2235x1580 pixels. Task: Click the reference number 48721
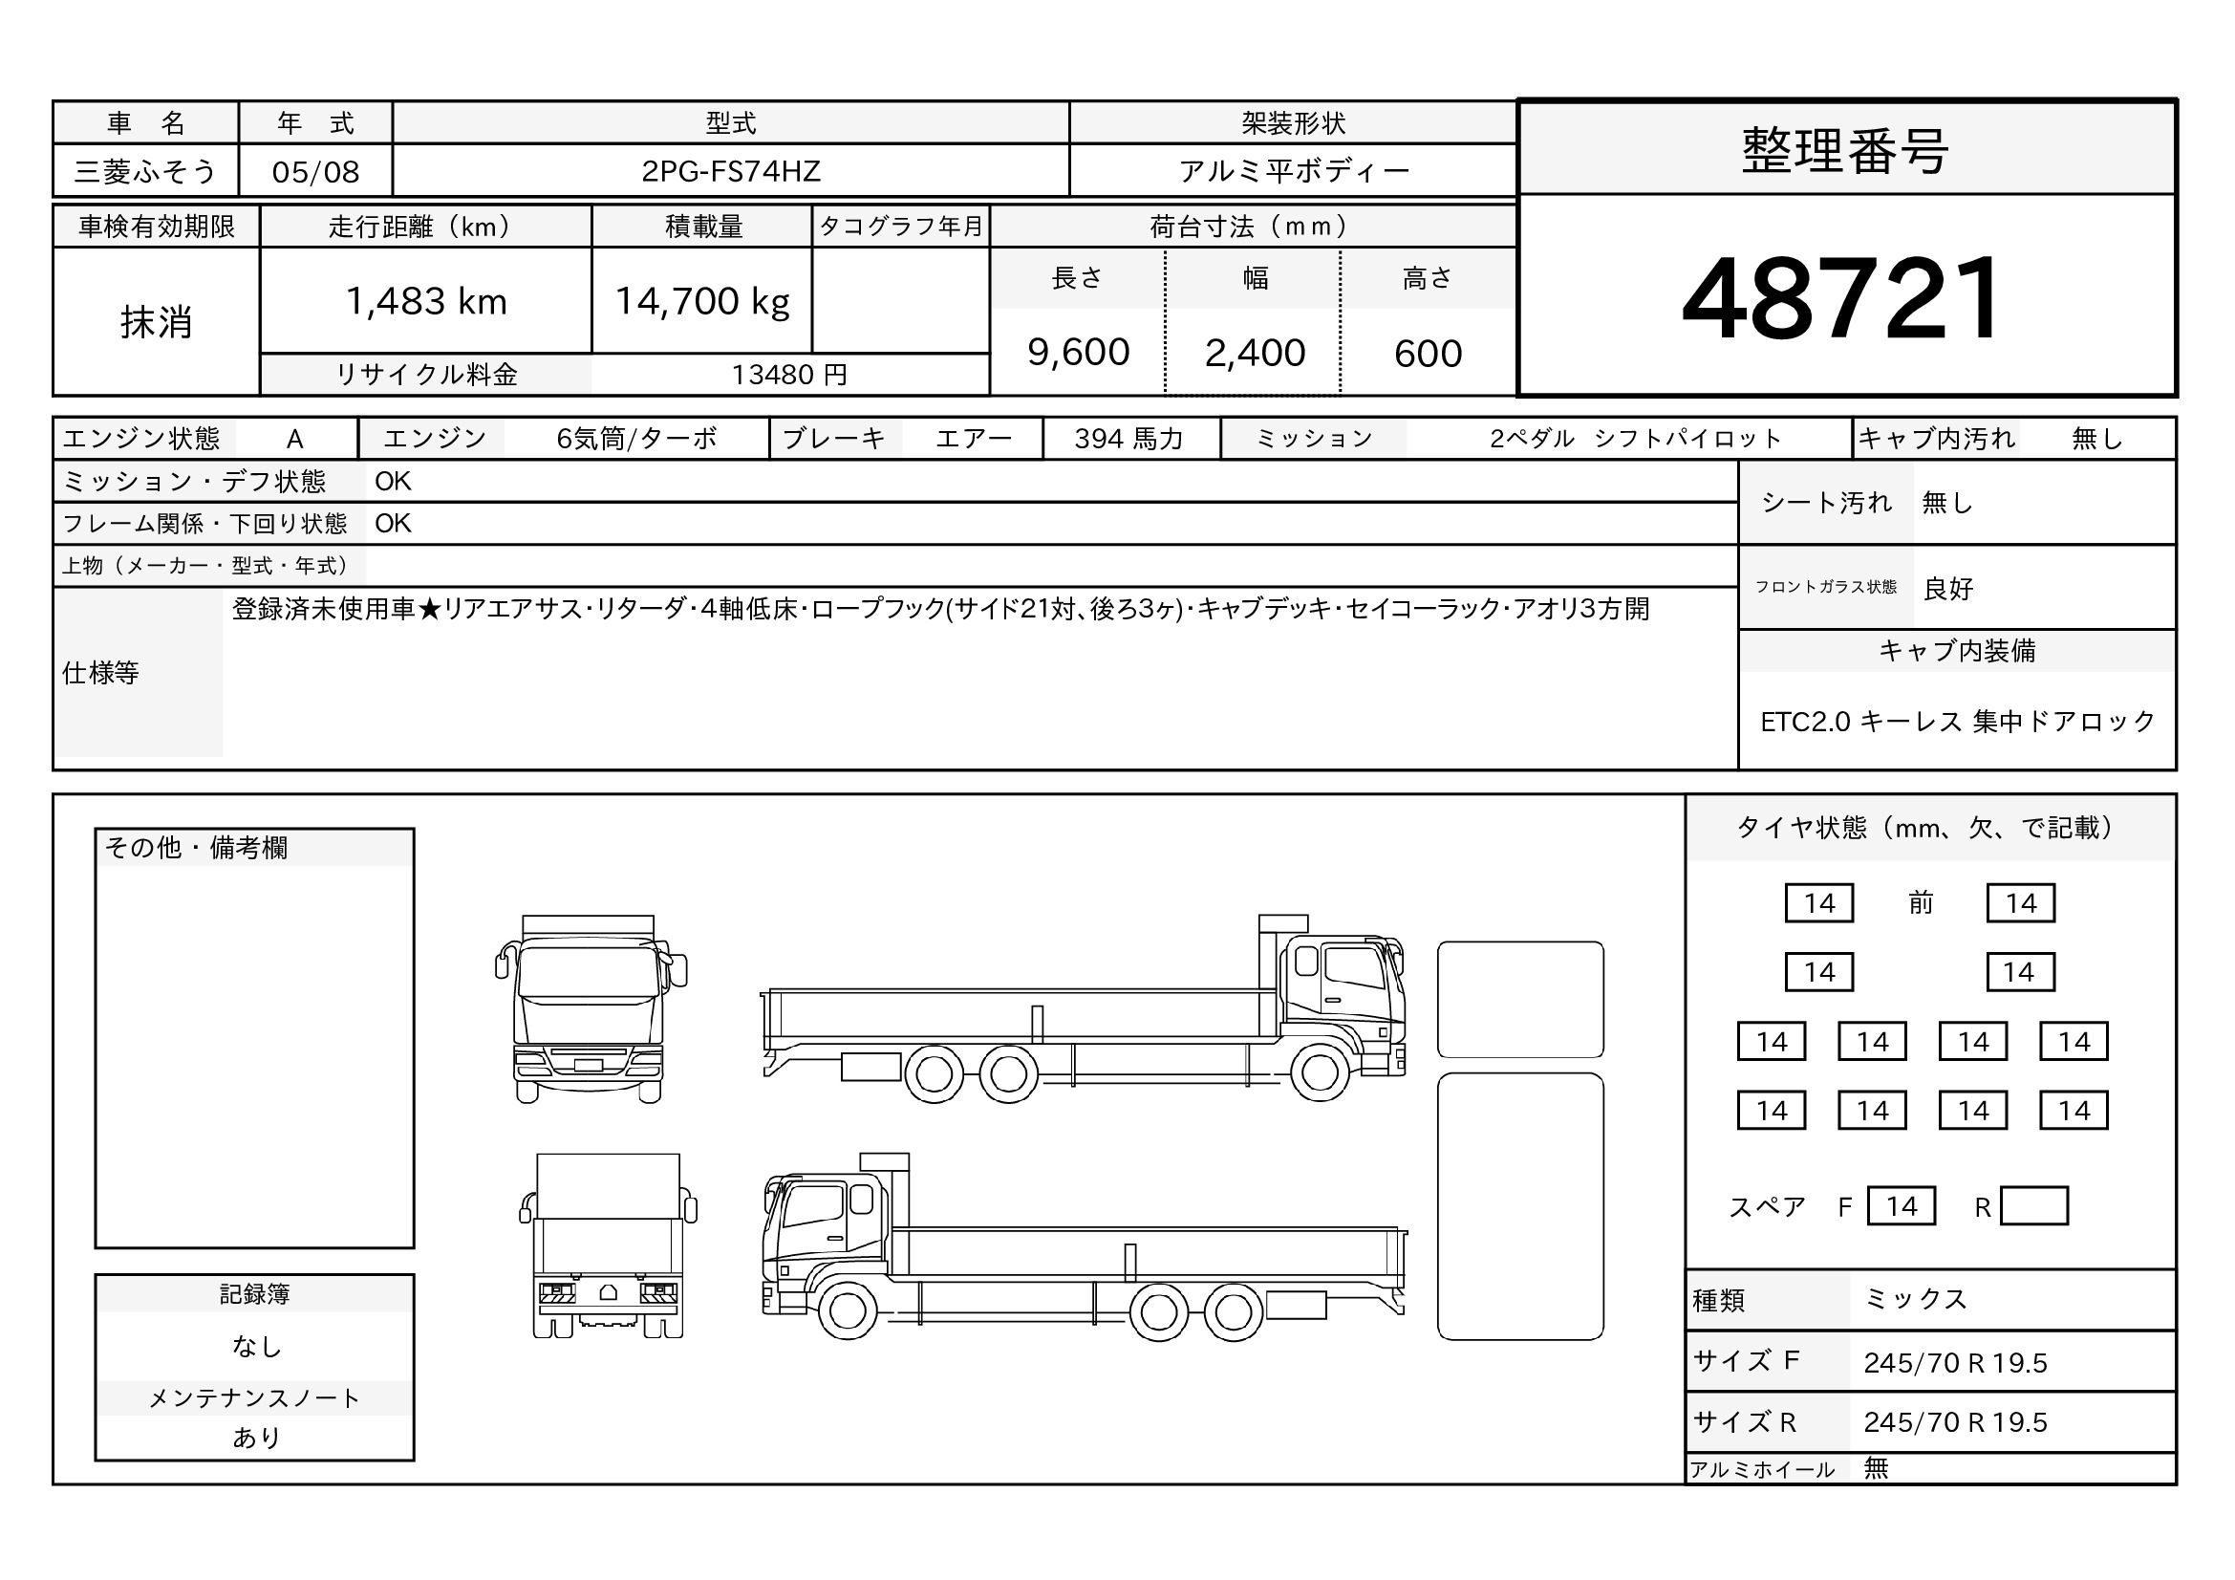point(1840,297)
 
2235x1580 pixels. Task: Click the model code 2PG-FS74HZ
point(731,171)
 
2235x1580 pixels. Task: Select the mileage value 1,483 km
point(426,302)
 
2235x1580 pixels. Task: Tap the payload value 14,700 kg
point(703,302)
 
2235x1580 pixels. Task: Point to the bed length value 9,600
point(1078,353)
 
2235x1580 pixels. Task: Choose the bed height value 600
point(1428,354)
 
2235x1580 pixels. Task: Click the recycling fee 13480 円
point(789,375)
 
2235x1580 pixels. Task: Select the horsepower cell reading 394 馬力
point(1129,439)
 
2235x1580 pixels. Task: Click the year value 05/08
point(315,172)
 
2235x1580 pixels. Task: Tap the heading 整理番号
point(1844,151)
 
